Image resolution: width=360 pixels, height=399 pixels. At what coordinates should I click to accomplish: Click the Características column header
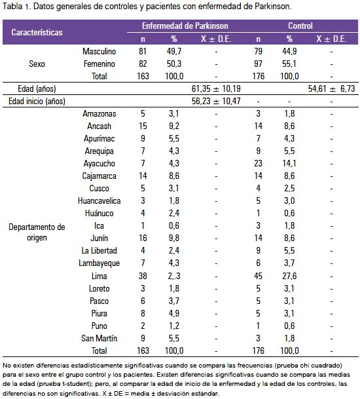point(37,32)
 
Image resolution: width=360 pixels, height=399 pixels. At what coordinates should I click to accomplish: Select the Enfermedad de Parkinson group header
point(185,26)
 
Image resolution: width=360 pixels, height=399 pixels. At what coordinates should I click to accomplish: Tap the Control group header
point(300,26)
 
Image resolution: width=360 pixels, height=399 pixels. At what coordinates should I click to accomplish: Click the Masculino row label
point(99,51)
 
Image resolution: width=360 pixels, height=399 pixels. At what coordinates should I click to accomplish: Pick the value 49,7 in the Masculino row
point(174,51)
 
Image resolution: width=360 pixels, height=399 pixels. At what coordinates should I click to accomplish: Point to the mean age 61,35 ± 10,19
point(216,88)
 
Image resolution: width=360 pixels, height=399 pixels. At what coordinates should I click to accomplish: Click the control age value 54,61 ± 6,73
point(331,88)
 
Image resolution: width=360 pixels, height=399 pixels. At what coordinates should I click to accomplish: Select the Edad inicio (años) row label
point(37,101)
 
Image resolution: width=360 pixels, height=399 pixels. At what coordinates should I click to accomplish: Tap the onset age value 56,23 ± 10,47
point(216,101)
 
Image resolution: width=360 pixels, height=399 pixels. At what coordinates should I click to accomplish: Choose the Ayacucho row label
point(99,163)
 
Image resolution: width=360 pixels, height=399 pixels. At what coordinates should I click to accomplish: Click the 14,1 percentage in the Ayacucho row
point(289,163)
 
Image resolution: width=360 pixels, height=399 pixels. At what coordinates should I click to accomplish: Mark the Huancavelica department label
point(99,200)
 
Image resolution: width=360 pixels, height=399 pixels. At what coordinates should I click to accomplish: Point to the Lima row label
point(99,276)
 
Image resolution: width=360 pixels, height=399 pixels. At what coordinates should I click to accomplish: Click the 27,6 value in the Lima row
point(289,276)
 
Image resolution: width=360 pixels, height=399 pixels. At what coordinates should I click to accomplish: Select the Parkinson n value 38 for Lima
point(143,276)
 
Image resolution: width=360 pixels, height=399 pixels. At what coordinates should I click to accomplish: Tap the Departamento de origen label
point(37,233)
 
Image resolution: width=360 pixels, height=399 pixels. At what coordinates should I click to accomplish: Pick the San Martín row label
point(99,338)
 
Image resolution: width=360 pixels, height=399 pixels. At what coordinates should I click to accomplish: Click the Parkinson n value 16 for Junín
point(143,238)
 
